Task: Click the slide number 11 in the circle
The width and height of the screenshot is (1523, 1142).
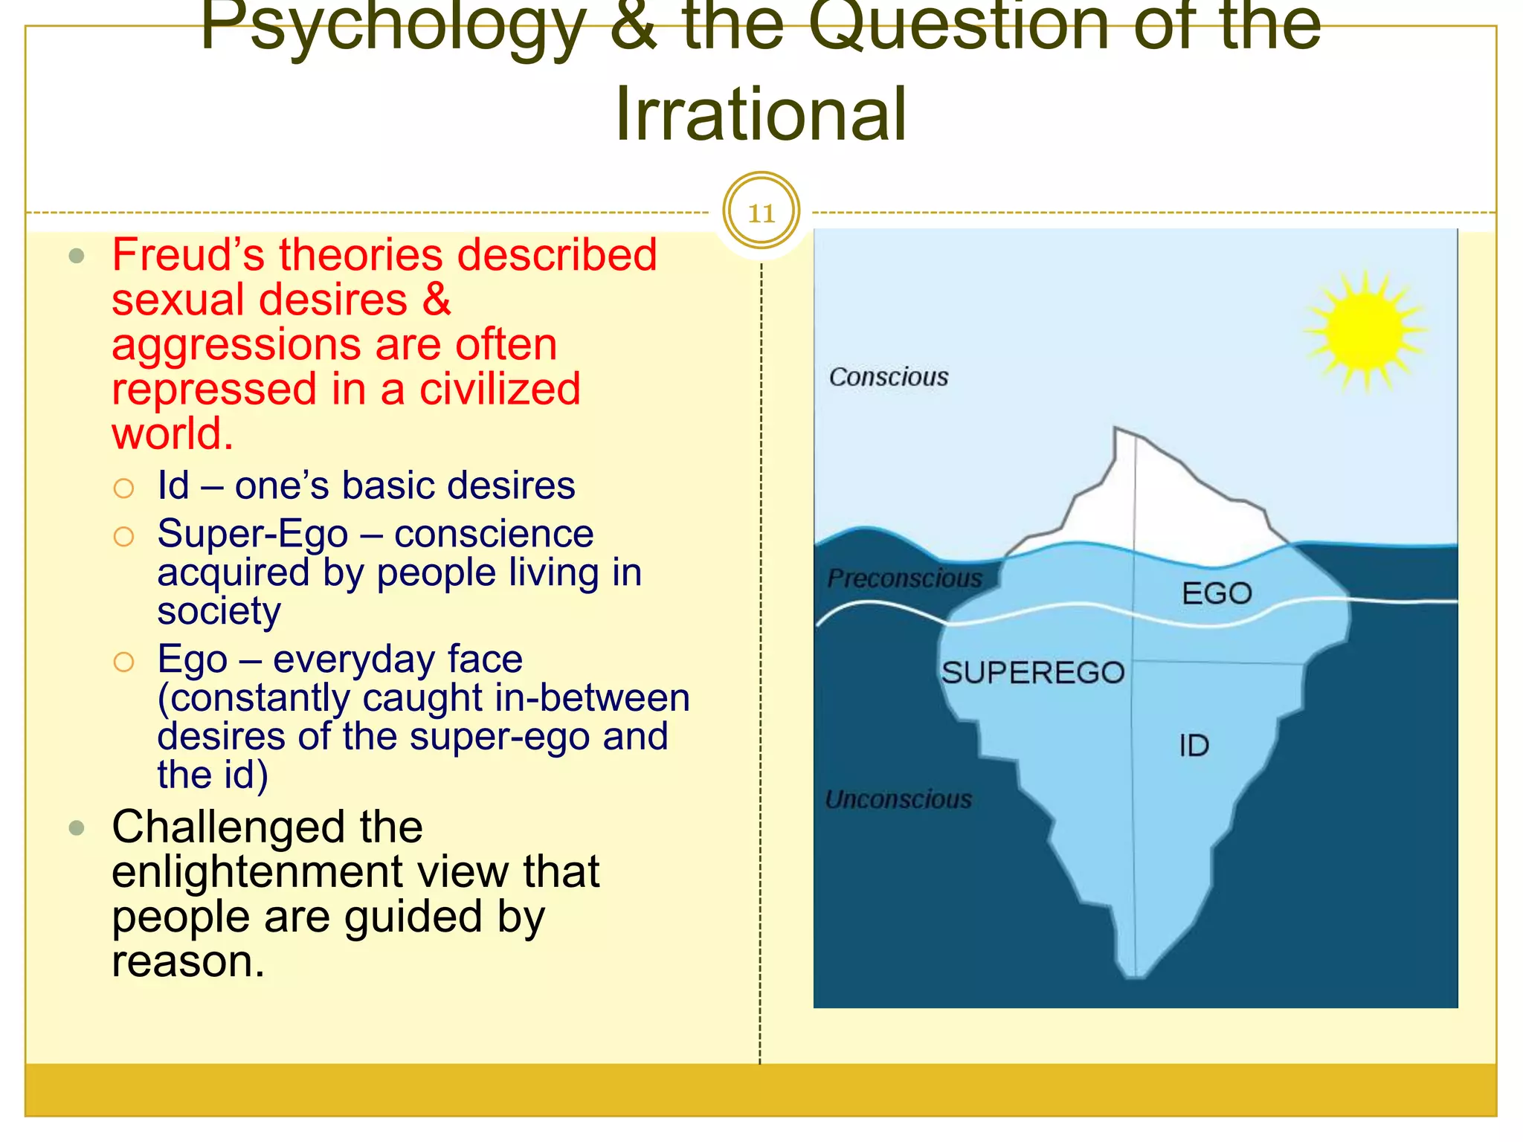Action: coord(761,213)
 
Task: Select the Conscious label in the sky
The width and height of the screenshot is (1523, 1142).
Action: coord(889,377)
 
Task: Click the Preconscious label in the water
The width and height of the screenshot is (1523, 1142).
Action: coord(904,578)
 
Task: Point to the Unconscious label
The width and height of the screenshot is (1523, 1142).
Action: coord(898,799)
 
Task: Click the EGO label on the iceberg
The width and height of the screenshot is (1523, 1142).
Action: coord(1217,593)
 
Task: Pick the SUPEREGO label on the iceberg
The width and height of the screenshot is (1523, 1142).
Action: coord(1032,673)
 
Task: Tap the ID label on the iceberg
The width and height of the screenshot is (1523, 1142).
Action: coord(1194,746)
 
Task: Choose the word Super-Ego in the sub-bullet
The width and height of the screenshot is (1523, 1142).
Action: coord(253,534)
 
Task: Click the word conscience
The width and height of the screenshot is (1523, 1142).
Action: coord(494,534)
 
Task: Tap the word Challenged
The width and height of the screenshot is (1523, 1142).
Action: coord(267,827)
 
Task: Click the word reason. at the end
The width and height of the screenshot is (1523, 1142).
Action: coord(188,961)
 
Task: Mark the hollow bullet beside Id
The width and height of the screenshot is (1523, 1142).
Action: coord(123,488)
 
